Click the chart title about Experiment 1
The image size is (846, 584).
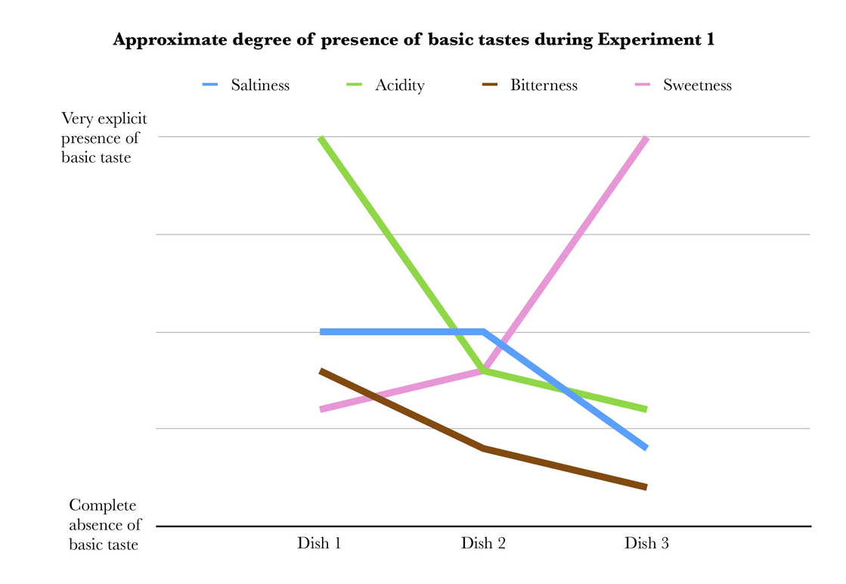(x=414, y=41)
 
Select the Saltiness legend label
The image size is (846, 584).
(x=260, y=85)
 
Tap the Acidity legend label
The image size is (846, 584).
(x=399, y=85)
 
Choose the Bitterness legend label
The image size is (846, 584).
(x=544, y=85)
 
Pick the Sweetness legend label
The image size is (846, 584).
(x=697, y=85)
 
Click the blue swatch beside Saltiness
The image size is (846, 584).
(x=209, y=85)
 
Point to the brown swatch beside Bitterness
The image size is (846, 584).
(x=490, y=85)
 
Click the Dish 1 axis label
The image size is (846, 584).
(x=318, y=543)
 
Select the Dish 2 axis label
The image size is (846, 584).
(x=482, y=543)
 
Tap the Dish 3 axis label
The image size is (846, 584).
(x=646, y=543)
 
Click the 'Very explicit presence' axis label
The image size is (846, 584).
(x=104, y=138)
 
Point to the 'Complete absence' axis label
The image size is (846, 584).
(x=104, y=524)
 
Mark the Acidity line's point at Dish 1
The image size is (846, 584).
(x=321, y=138)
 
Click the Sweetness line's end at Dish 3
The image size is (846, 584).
(x=646, y=138)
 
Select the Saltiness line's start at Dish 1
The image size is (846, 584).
(x=321, y=331)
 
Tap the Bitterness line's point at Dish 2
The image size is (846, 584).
(x=483, y=449)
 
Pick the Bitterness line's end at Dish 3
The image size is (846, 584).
(x=646, y=487)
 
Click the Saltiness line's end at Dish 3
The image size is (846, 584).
(x=646, y=448)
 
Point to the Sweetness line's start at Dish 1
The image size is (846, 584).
(x=321, y=409)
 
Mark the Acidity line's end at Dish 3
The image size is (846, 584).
(x=646, y=409)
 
